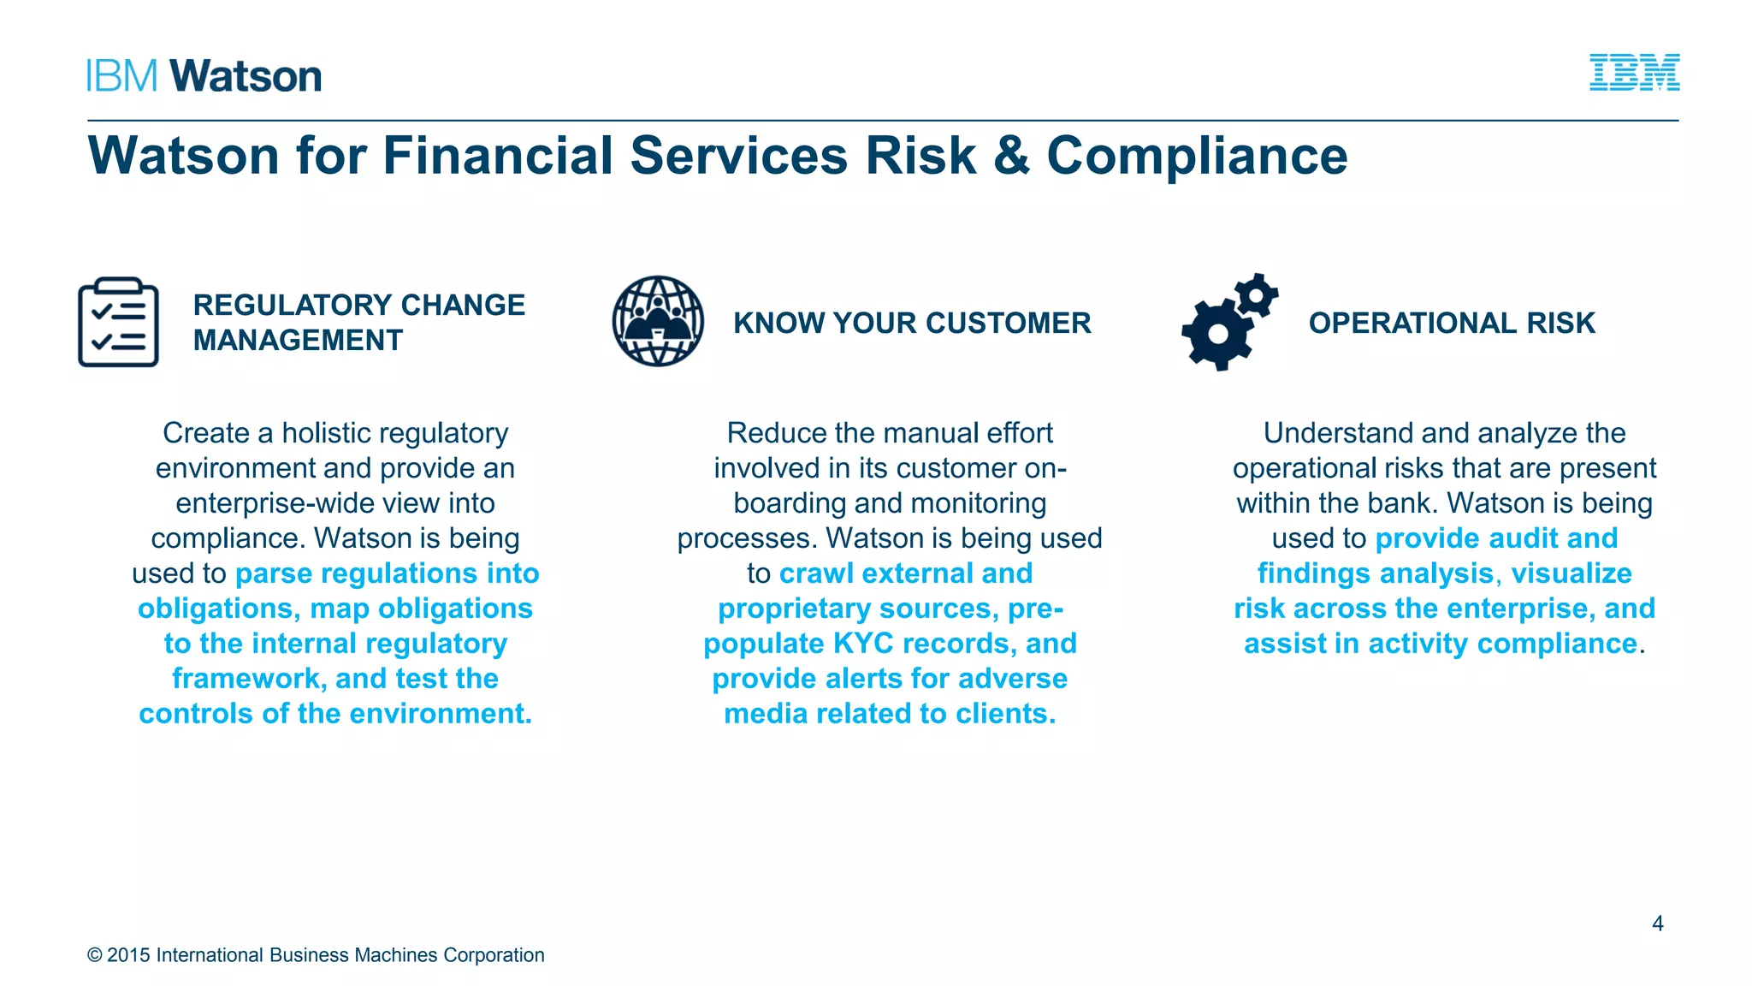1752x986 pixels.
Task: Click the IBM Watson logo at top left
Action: pyautogui.click(x=204, y=76)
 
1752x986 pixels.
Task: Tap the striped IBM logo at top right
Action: pyautogui.click(x=1634, y=73)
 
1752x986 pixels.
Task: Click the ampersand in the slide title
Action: pyautogui.click(x=1011, y=156)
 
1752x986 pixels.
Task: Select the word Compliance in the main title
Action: pyautogui.click(x=1197, y=156)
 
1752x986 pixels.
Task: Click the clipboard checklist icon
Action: pyautogui.click(x=118, y=322)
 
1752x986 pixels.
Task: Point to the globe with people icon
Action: pyautogui.click(x=658, y=321)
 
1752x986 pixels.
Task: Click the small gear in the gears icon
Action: pyautogui.click(x=1256, y=296)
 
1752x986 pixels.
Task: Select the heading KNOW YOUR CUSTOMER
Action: pyautogui.click(x=912, y=323)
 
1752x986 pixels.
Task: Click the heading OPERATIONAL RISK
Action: pyautogui.click(x=1452, y=323)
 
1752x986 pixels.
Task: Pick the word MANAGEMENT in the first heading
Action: pyautogui.click(x=298, y=341)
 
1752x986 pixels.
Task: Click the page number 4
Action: pyautogui.click(x=1657, y=924)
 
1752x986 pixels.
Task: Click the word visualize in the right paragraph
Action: pyautogui.click(x=1571, y=573)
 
